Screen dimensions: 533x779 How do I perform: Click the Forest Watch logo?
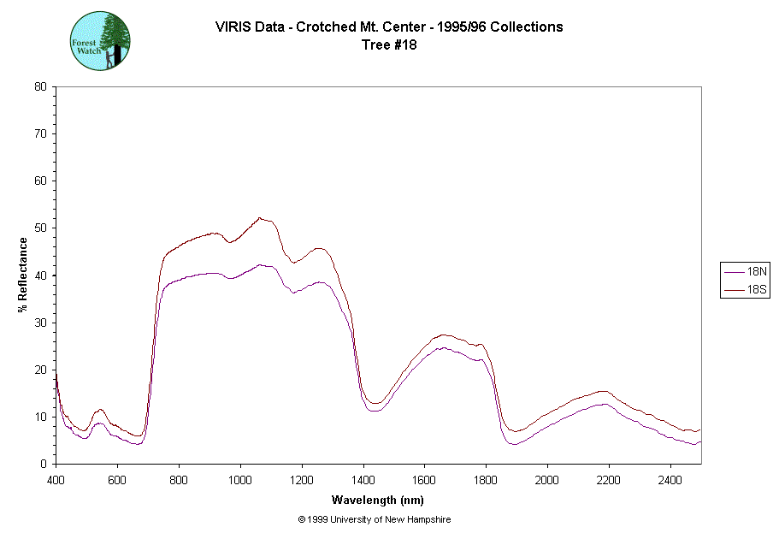[100, 40]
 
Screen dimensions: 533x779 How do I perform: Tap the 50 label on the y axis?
[41, 228]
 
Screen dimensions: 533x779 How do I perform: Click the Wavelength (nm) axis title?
[379, 500]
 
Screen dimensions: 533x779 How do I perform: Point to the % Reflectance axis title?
[23, 275]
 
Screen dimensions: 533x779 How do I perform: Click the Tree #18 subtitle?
[389, 45]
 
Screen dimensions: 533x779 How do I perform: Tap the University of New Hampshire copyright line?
[375, 519]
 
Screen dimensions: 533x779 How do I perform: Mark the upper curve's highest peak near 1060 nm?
[260, 217]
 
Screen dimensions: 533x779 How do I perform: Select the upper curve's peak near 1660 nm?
[443, 335]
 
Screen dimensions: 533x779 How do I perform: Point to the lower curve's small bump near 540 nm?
[99, 423]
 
